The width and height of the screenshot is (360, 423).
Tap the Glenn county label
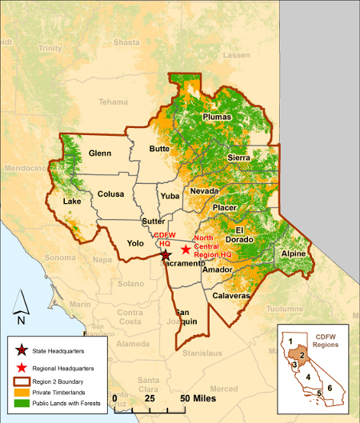tap(100, 153)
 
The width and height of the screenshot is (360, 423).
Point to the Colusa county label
tap(111, 194)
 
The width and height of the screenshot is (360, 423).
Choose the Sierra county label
tap(239, 158)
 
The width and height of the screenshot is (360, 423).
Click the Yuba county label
tap(170, 195)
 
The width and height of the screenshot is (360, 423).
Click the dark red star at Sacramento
tap(166, 255)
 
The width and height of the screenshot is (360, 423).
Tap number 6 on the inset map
tap(329, 388)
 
